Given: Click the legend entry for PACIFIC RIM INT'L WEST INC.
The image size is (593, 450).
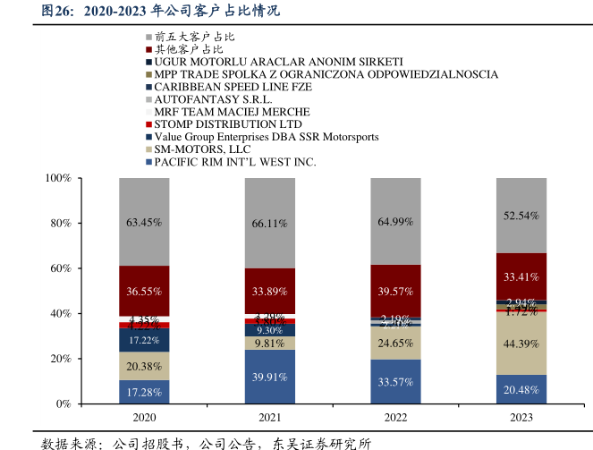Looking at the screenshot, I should coord(235,162).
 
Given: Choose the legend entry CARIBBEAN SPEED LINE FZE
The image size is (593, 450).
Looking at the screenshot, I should coord(234,87).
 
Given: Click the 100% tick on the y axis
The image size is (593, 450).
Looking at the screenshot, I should coord(58,179).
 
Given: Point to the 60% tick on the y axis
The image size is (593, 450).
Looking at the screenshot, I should coord(61,268).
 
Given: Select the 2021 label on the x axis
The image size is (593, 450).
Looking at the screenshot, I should coord(269,418).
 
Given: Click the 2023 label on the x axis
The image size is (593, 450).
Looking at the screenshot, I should coord(521,418).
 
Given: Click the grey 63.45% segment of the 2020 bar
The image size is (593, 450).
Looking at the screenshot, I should coord(144,222).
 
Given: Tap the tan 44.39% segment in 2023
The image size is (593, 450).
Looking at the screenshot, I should coord(521,344).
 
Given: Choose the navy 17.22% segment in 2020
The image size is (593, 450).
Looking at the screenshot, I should coord(144,340).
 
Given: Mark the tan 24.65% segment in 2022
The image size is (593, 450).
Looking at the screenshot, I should coord(395,343).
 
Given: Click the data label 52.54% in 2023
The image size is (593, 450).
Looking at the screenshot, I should coord(521,216).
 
